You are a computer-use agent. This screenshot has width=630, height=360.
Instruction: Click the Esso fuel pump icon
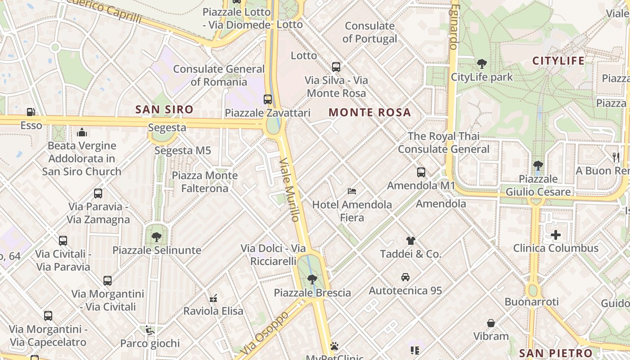tap(31, 112)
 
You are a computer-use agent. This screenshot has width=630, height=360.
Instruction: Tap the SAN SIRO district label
tap(164, 109)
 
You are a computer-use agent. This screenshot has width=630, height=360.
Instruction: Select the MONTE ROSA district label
tap(370, 112)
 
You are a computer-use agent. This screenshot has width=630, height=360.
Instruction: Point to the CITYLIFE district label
tap(558, 61)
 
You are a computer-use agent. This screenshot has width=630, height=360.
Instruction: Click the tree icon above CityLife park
tap(481, 64)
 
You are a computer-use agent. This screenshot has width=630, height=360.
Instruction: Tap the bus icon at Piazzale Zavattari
tap(268, 99)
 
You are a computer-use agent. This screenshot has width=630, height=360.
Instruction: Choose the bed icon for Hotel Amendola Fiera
tap(352, 191)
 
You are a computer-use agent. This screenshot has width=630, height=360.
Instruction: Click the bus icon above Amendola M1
tap(421, 172)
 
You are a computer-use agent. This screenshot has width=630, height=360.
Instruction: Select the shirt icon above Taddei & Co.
tap(410, 240)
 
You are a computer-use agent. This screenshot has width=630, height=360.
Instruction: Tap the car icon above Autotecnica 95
tap(405, 277)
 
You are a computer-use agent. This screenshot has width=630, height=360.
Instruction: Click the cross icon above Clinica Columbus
tap(556, 234)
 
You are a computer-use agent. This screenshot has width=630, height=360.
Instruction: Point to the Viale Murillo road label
tap(289, 189)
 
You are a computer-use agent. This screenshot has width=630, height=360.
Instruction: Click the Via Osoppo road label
tap(264, 333)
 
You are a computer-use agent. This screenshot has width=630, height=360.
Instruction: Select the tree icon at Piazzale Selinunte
tap(157, 237)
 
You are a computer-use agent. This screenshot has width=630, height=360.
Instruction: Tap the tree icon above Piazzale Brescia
tap(312, 279)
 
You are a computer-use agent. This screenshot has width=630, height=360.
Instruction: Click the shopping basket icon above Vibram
tap(491, 323)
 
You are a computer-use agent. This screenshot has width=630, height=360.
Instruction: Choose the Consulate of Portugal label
tap(370, 32)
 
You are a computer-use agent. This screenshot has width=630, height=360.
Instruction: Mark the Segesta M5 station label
tap(183, 150)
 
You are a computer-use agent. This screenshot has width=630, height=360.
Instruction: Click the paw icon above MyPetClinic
tap(334, 346)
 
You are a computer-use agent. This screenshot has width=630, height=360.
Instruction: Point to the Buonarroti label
tap(531, 302)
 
